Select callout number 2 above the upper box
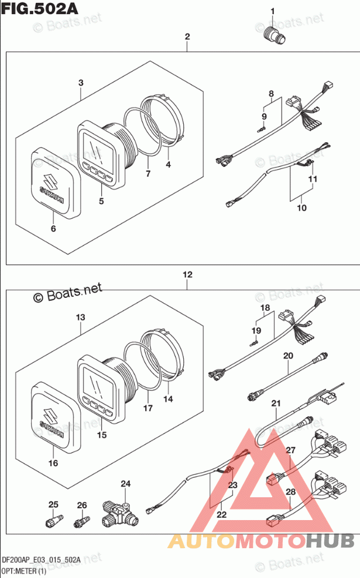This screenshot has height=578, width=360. tap(187, 37)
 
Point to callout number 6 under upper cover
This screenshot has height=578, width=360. tap(53, 228)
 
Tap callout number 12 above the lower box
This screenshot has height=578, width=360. tap(187, 274)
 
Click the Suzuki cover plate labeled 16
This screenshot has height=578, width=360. tap(53, 415)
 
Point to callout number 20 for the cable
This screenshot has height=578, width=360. tap(287, 355)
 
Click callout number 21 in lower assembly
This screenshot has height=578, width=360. tap(276, 403)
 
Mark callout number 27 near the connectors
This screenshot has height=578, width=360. tap(290, 450)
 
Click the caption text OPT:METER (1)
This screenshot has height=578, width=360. tap(24, 571)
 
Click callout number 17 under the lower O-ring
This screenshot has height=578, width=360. tap(148, 407)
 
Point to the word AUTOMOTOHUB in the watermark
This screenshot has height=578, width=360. tap(260, 542)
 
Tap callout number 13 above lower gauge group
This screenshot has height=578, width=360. tap(80, 317)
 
